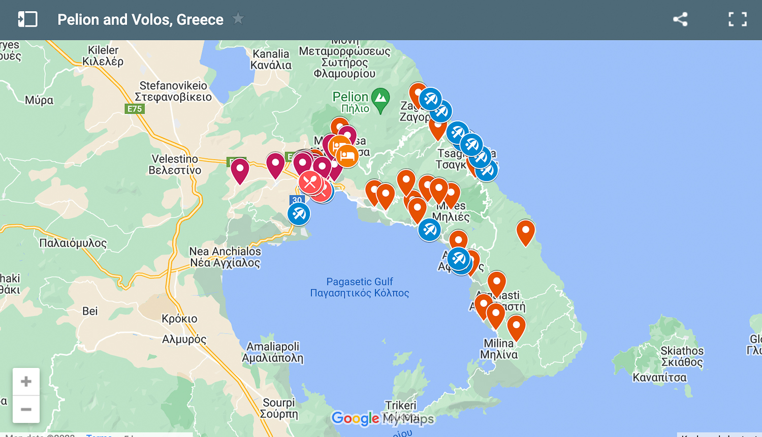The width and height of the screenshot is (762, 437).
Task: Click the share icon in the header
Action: pos(680,20)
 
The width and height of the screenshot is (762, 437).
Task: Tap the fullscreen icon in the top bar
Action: pos(737,20)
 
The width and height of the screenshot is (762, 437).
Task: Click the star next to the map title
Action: pos(238,19)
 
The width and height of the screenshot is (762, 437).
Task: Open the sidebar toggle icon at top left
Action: pos(27,19)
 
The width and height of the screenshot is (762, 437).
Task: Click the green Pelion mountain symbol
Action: pos(380,100)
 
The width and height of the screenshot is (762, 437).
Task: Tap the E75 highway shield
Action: pos(135,109)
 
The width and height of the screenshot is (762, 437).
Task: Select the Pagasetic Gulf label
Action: pos(360,287)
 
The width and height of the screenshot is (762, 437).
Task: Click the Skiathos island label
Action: pos(682,356)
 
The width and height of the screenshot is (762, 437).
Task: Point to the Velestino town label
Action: pos(175,165)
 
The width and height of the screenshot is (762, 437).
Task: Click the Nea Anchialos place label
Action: pos(225,257)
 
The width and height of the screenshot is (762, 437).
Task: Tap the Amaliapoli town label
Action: pos(273,352)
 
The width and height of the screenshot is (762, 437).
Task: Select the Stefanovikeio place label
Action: pos(173,91)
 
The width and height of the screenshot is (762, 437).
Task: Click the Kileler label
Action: pos(103,56)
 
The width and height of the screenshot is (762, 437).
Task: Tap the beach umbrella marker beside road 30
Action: pos(299,214)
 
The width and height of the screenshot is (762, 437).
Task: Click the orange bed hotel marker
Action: pos(347,155)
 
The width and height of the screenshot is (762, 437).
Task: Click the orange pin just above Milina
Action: pos(496,315)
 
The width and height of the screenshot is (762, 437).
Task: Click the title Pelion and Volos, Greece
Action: pos(140,20)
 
